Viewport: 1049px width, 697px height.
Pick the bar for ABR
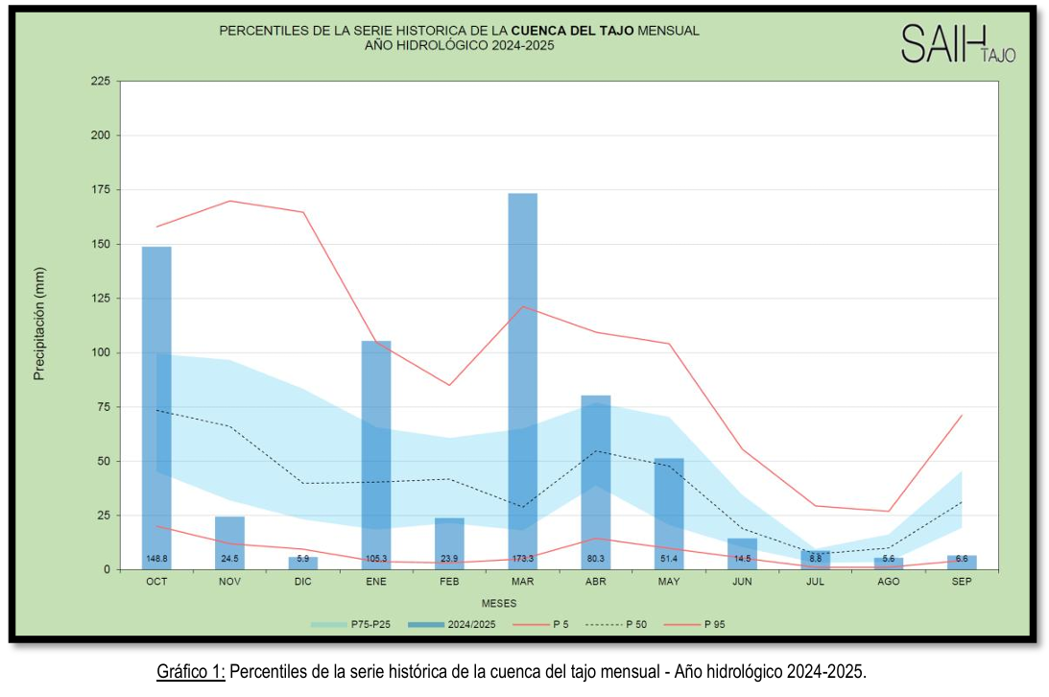(x=595, y=481)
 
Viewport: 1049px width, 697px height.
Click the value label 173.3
(x=522, y=558)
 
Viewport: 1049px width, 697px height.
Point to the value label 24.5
(x=229, y=558)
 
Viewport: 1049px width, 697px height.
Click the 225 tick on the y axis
(x=101, y=82)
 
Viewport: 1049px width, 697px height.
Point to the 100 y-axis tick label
(x=101, y=352)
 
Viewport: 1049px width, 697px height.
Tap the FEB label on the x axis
(x=449, y=582)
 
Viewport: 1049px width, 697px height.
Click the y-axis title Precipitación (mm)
(x=39, y=324)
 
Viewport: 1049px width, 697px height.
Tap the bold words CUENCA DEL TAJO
(x=572, y=31)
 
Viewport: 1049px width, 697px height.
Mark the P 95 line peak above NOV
(x=230, y=201)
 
